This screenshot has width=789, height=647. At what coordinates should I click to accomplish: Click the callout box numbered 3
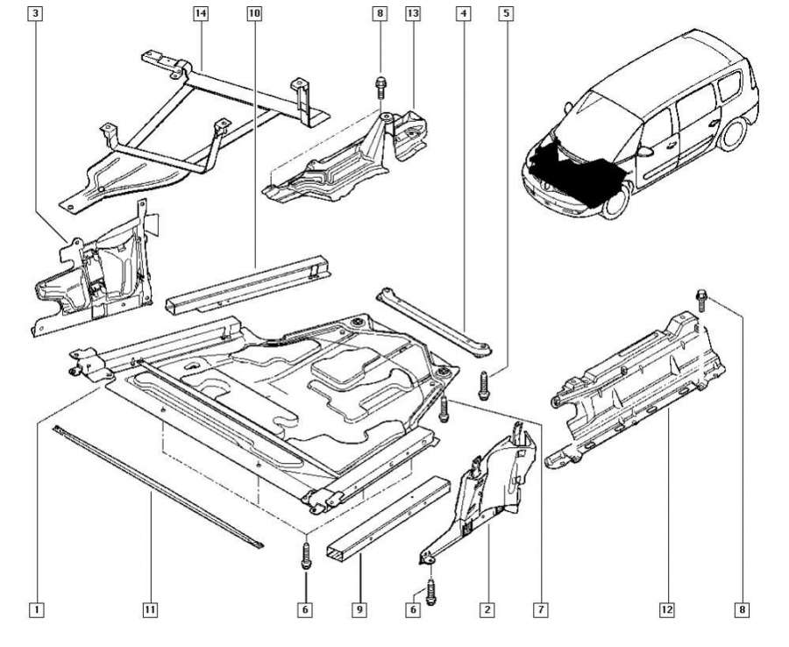pos(35,14)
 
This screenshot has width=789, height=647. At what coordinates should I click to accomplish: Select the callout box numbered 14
pos(201,14)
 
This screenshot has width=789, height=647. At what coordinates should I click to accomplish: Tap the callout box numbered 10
pos(254,14)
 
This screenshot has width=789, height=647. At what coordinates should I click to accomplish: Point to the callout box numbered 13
pos(413,14)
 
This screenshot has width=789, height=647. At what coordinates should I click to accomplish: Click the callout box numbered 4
pos(463,14)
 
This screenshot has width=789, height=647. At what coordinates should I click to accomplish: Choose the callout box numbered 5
pos(505,14)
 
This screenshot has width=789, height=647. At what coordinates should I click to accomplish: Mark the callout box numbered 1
pos(36,608)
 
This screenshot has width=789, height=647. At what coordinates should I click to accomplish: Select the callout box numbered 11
pos(150,608)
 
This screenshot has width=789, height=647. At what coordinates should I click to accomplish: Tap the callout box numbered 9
pos(359,608)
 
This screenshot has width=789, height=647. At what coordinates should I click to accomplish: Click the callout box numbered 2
pos(486,608)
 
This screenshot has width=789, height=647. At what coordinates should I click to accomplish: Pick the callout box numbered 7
pos(541,608)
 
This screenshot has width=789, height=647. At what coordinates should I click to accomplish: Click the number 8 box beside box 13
pos(380,14)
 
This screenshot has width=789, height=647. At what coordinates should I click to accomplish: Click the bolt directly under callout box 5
pos(483,382)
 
